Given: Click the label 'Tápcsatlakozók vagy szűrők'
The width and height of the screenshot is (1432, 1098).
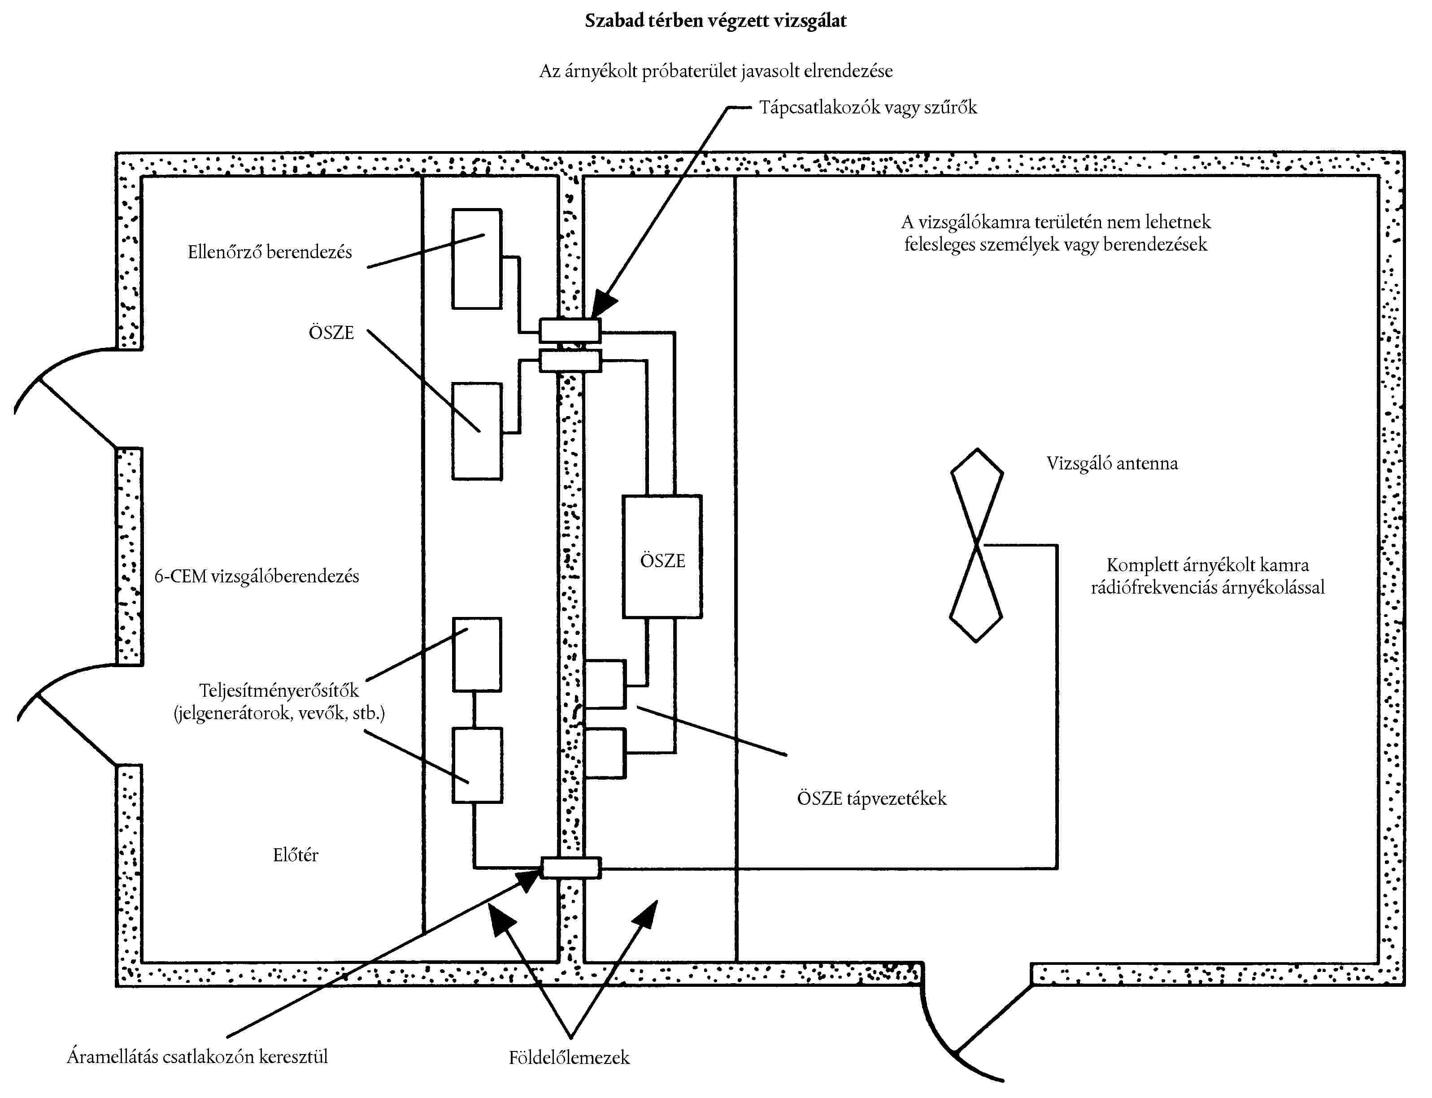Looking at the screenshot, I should click(867, 107).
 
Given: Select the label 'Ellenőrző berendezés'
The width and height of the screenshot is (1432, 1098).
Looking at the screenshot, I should click(269, 252).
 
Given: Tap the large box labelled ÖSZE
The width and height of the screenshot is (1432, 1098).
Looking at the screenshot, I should click(662, 556).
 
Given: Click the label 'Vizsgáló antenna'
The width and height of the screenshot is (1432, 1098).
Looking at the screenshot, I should click(1112, 464).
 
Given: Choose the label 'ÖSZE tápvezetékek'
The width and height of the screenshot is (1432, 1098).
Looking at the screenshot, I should click(871, 798).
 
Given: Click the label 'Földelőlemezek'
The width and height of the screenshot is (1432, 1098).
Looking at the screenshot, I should click(569, 1058).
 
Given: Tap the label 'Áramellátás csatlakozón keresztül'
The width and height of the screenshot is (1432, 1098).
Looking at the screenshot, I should click(197, 1057).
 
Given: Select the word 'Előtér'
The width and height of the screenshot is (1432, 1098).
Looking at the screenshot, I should click(296, 855).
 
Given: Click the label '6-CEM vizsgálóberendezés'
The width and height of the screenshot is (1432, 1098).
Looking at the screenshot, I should click(256, 577).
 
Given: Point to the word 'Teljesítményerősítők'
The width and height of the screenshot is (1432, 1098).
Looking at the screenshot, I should click(279, 691).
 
